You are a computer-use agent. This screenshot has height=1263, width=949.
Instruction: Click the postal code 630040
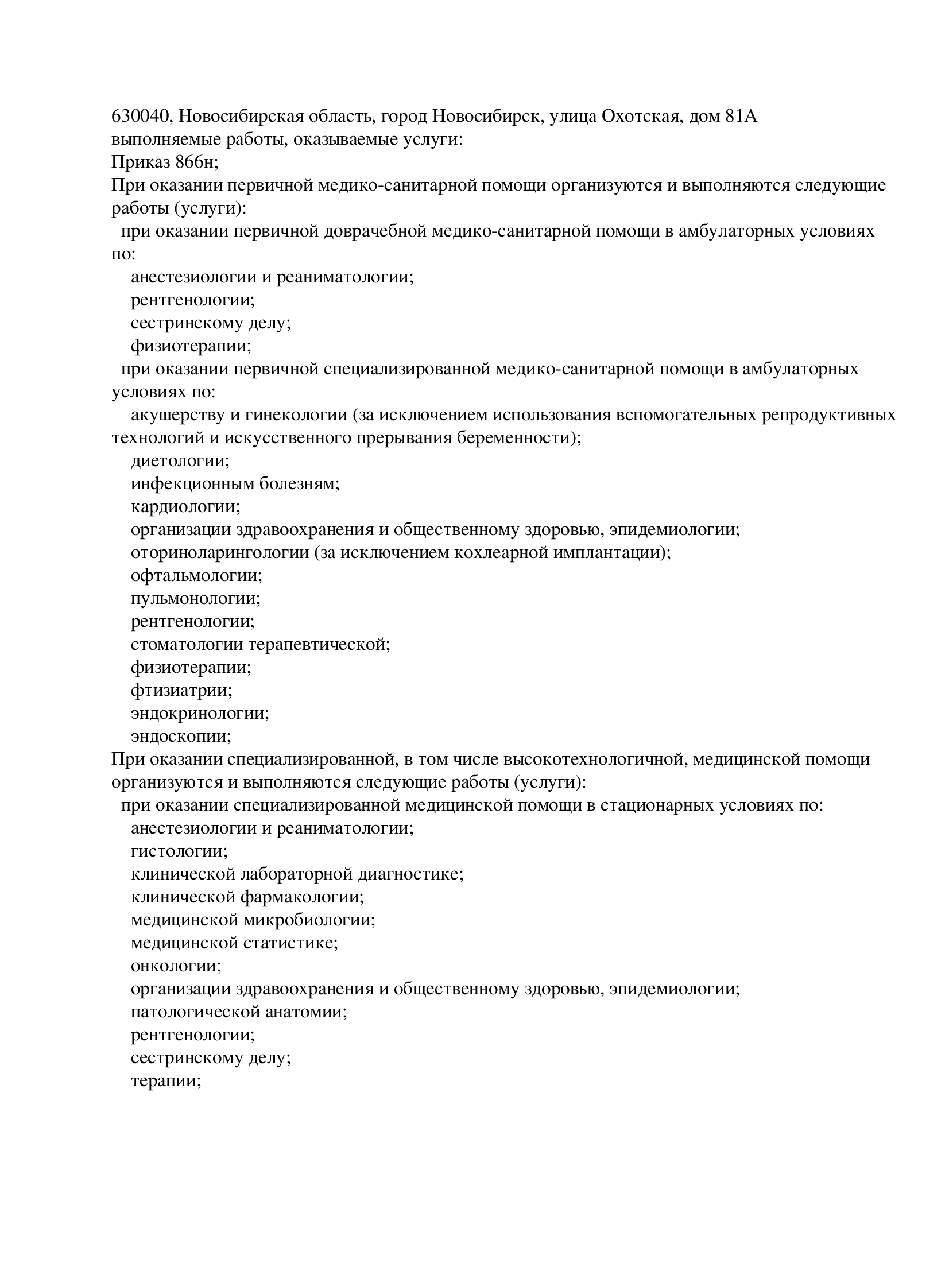pos(140,117)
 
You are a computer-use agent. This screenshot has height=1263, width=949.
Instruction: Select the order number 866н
pos(194,162)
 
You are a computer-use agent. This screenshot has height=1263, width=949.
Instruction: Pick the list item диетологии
pos(180,461)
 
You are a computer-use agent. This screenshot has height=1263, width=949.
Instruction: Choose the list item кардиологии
pos(185,507)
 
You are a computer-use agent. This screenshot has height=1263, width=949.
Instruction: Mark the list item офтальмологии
pos(196,576)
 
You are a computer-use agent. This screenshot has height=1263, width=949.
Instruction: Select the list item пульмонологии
pos(195,599)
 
